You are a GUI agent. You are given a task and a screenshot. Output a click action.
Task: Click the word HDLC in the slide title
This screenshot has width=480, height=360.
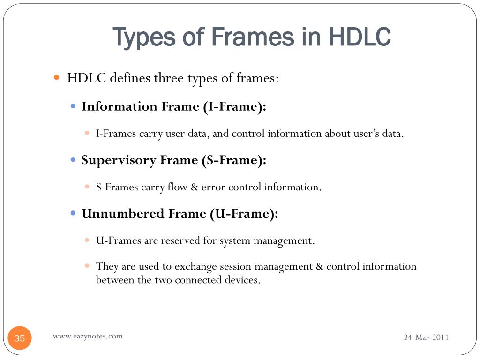(360, 37)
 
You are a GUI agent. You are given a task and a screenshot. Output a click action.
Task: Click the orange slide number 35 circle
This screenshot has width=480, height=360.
(20, 338)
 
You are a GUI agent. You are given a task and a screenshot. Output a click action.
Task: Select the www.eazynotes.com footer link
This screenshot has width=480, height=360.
(88, 336)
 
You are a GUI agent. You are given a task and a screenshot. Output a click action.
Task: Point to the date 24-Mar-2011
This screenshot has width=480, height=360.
(426, 337)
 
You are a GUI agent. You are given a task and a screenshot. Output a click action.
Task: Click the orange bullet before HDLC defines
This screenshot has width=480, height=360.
(57, 77)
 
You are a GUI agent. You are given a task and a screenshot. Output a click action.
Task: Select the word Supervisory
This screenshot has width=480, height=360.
(119, 161)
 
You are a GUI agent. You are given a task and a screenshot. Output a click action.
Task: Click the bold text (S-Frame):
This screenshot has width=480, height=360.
(234, 161)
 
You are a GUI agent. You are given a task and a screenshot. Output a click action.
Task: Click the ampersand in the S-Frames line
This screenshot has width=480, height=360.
(195, 187)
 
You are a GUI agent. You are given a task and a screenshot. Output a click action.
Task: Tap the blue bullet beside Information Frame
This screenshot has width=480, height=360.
(73, 106)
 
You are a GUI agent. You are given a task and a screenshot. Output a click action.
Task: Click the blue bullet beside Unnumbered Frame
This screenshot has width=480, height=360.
(73, 213)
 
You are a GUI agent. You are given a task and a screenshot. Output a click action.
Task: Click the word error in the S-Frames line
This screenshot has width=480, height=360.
(213, 187)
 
